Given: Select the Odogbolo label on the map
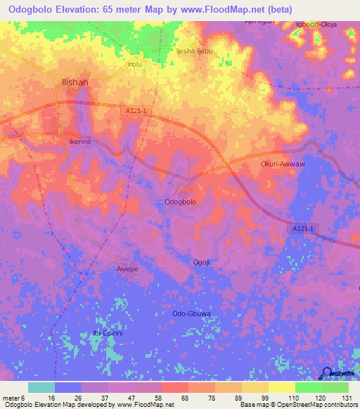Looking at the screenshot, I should (x=180, y=202).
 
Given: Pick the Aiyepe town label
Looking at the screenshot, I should (x=127, y=268).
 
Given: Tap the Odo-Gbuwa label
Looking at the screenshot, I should (x=192, y=313).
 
